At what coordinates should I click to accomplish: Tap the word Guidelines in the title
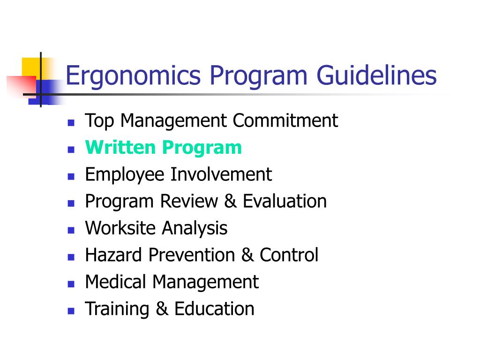coord(376,75)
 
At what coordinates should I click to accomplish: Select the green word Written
coord(120,147)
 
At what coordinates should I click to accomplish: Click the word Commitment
coord(285,120)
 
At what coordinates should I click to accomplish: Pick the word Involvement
coord(221,174)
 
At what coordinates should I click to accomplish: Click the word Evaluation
coord(285,201)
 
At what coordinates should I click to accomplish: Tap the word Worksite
coord(120,228)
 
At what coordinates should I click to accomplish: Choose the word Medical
coord(115,282)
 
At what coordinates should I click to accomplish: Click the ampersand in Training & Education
coord(162,309)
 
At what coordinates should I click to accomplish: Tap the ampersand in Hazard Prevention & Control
coord(247,255)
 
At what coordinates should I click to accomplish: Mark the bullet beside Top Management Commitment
coord(71,123)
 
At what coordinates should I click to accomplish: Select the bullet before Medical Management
coord(71,285)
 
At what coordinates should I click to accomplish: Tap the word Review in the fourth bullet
coord(189,201)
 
